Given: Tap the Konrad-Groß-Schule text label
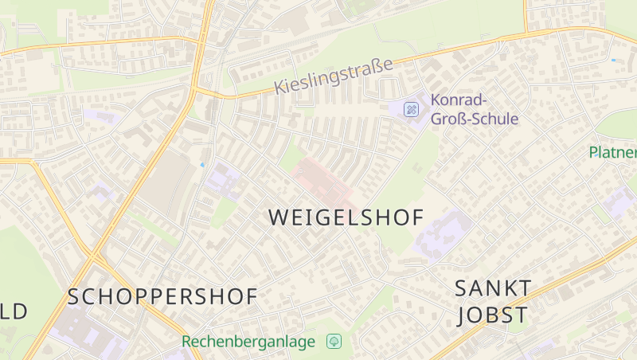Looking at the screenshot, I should click(x=474, y=110).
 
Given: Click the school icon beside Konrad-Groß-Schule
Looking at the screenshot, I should click(x=411, y=109).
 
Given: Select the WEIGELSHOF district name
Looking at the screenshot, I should click(x=346, y=217).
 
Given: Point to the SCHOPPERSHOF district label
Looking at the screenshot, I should click(x=162, y=297).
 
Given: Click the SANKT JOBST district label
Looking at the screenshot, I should click(x=492, y=300).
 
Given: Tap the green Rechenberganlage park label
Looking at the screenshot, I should click(x=248, y=341).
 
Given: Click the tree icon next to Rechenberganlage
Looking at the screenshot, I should click(x=334, y=341).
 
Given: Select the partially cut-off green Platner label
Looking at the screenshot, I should click(x=613, y=152).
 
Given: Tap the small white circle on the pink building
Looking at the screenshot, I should click(x=300, y=170).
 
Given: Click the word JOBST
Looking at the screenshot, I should click(x=492, y=315).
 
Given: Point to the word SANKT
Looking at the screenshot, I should click(x=493, y=287).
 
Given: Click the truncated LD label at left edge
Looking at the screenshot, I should click(x=14, y=311).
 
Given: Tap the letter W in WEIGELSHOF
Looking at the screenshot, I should click(x=278, y=217).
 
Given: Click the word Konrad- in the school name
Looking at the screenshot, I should click(x=459, y=100).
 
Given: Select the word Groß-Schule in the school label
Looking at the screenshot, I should click(x=474, y=119).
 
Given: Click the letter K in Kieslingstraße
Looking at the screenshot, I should click(x=280, y=88).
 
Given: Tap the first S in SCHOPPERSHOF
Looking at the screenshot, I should click(x=73, y=297).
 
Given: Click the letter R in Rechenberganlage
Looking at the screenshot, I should click(x=187, y=341).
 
